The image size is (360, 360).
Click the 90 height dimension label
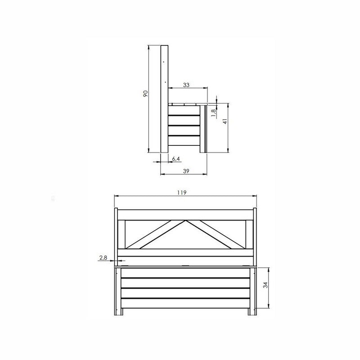pyautogui.click(x=145, y=94)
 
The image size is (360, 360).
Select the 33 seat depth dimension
pyautogui.click(x=186, y=84)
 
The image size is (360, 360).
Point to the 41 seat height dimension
pyautogui.click(x=225, y=121)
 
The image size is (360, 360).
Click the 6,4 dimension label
pyautogui.click(x=176, y=159)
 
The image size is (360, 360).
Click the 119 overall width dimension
pyautogui.click(x=182, y=192)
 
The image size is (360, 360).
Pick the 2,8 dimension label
pyautogui.click(x=103, y=257)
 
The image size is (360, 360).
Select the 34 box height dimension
pyautogui.click(x=265, y=285)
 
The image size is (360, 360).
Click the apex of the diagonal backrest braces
pyautogui.click(x=185, y=221)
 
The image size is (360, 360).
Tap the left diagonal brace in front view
pyautogui.click(x=155, y=234)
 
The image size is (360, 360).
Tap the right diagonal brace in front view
pyautogui.click(x=215, y=234)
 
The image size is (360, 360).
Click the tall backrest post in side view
pyautogui.click(x=164, y=99)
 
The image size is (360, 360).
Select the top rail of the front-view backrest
pyautogui.click(x=185, y=215)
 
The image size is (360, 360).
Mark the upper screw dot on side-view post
pyautogui.click(x=163, y=62)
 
